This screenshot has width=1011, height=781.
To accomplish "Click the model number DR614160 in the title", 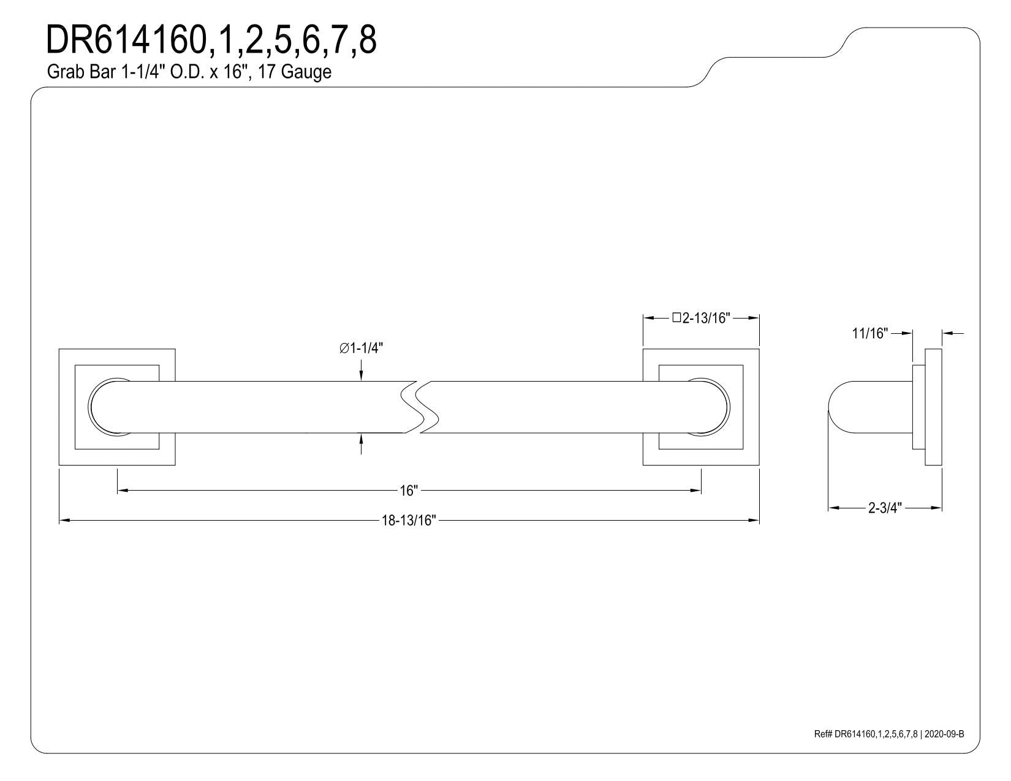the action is tap(126, 40).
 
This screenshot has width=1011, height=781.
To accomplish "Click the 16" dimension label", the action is tap(409, 491).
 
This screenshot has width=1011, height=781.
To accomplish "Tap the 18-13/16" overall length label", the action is tap(409, 521).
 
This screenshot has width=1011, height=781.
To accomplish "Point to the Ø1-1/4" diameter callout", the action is tap(361, 348).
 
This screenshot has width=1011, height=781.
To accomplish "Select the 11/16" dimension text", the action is tap(870, 333).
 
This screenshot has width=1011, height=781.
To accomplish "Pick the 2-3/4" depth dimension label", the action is tap(885, 508).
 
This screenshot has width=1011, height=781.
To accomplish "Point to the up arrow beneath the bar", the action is tap(361, 443).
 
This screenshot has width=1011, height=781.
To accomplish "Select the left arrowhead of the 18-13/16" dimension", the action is tap(64, 521).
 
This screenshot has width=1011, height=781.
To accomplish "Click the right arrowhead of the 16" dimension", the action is tap(696, 490).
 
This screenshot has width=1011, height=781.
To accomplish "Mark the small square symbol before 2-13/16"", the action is tap(677, 317).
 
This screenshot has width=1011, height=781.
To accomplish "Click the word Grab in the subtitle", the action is tap(62, 72).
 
